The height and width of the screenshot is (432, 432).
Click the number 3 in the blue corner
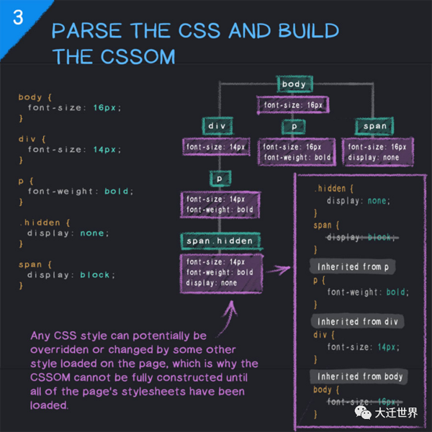point(18,17)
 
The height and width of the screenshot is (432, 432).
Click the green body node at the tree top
point(294,84)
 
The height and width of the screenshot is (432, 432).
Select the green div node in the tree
point(217,126)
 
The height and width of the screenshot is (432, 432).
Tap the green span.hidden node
point(220,241)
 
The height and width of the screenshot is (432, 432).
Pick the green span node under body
point(374,126)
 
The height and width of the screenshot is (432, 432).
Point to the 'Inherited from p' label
point(353,266)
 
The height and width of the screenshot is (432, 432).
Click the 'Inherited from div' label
point(357,321)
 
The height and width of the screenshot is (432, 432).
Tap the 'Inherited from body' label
point(359,377)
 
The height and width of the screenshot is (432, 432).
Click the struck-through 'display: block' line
point(362,237)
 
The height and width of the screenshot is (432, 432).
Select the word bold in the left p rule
point(116,192)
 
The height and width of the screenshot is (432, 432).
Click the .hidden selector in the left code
point(40,222)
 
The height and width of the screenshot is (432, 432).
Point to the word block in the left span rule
point(94,275)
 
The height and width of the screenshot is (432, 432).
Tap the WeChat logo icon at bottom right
point(363,413)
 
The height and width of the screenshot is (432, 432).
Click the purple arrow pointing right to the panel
point(278,269)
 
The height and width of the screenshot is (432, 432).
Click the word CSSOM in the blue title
point(138,57)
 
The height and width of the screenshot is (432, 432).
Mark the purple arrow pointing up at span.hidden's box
point(228,318)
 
